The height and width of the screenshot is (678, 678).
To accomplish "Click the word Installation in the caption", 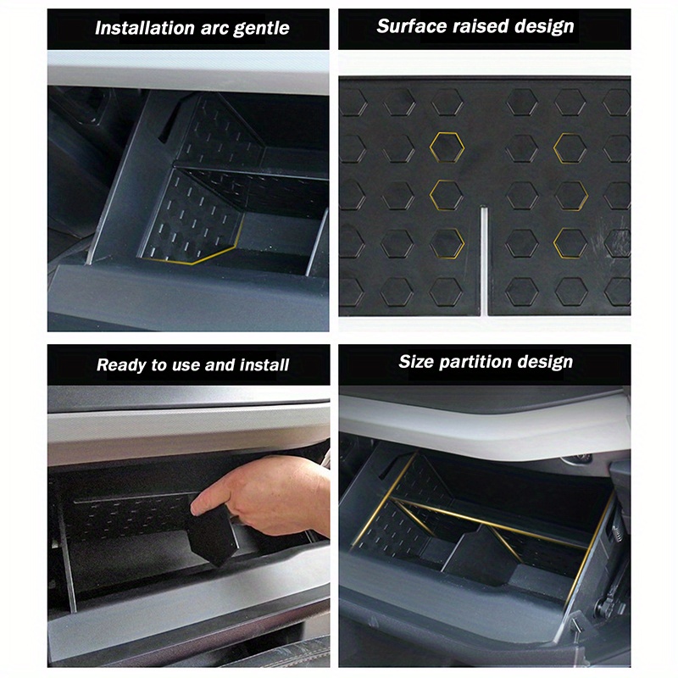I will pyautogui.click(x=140, y=28).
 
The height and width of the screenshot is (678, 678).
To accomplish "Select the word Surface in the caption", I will pyautogui.click(x=408, y=26).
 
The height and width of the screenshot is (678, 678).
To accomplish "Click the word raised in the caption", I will pyautogui.click(x=481, y=26).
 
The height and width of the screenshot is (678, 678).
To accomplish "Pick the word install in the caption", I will pyautogui.click(x=263, y=365).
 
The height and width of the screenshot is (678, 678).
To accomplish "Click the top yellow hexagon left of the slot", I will pyautogui.click(x=446, y=147).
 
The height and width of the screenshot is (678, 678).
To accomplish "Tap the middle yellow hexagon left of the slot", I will pyautogui.click(x=446, y=193).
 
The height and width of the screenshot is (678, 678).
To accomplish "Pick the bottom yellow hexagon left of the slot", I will pyautogui.click(x=447, y=243).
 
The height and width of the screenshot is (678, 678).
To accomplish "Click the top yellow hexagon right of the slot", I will pyautogui.click(x=570, y=147).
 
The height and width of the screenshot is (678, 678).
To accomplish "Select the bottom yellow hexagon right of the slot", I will pyautogui.click(x=570, y=243).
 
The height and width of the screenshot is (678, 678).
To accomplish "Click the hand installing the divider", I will pyautogui.click(x=271, y=496).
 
